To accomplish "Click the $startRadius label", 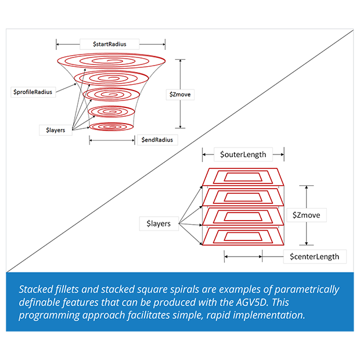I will point(110,44).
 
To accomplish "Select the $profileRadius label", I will point(34,92).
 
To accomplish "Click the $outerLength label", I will point(243,154).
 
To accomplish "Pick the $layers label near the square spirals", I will point(159,223).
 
